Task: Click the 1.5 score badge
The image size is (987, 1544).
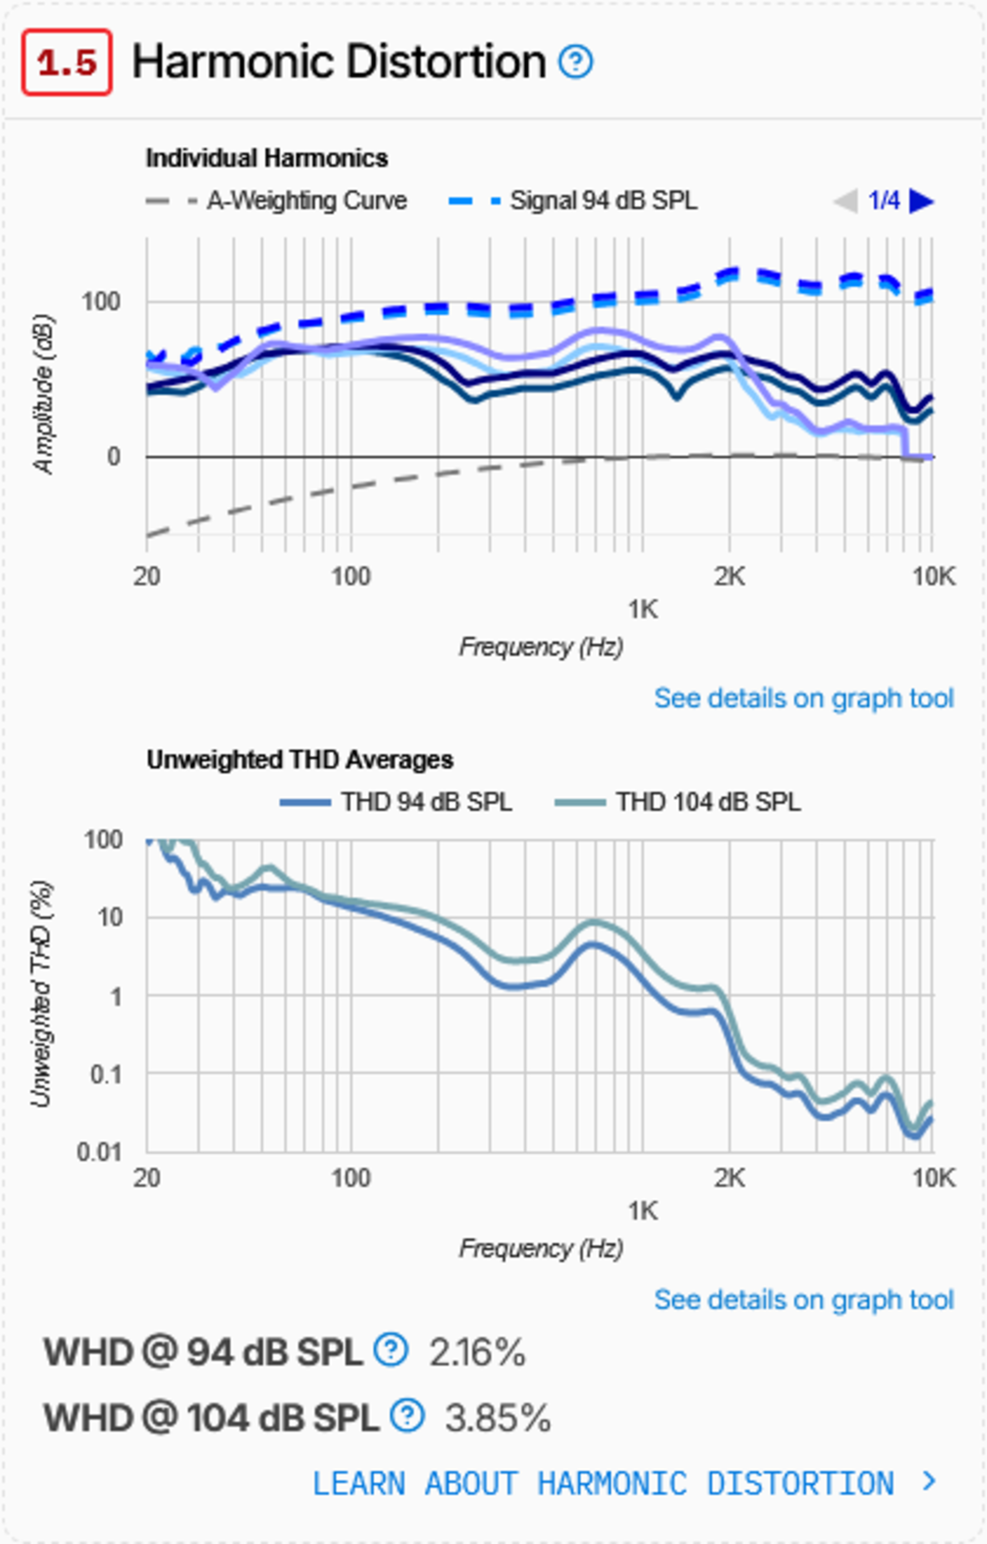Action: pos(67,62)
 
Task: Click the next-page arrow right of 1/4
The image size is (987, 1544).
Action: pos(921,201)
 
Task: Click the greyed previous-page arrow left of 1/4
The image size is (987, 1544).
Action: pos(845,201)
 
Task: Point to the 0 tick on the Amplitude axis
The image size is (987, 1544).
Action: pos(114,456)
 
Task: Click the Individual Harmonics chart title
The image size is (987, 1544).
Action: pos(267,158)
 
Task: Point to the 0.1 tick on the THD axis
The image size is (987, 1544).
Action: pos(106,1074)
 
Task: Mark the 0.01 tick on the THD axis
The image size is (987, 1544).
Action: pos(99,1152)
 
